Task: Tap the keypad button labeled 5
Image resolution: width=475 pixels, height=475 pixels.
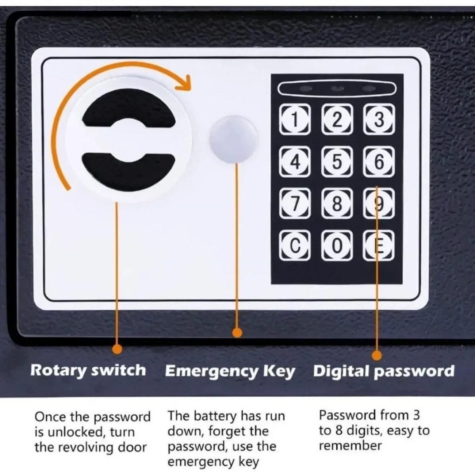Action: [337, 161]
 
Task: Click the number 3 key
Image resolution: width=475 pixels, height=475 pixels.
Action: [379, 119]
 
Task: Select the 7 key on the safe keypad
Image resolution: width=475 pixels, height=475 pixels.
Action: [295, 203]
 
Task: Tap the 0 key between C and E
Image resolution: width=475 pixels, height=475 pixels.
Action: [337, 245]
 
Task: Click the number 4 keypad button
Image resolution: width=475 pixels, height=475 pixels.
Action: [295, 161]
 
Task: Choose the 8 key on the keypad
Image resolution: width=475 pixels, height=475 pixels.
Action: [337, 203]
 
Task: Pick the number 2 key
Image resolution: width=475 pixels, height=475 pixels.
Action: [337, 119]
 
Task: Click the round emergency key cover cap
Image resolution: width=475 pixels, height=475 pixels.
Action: [234, 139]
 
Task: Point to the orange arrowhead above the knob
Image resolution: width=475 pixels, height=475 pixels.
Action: [184, 83]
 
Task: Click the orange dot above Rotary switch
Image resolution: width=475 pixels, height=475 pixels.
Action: [117, 349]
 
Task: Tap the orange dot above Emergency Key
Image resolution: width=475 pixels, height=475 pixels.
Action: [237, 332]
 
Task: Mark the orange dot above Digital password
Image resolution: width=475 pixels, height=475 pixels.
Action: [377, 355]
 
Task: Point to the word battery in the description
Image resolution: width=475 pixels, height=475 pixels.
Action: [215, 416]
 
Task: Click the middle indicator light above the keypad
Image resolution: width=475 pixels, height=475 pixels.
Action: [337, 89]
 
